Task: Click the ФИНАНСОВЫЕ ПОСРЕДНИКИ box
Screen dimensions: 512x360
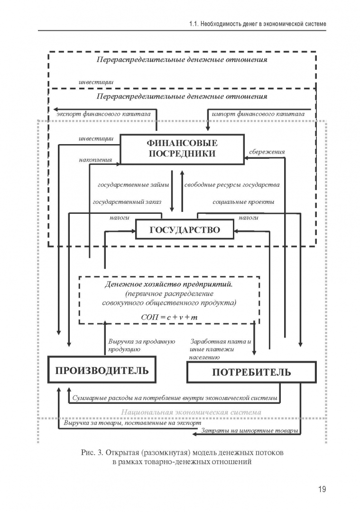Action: pyautogui.click(x=182, y=148)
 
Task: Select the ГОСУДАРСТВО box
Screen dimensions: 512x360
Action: pyautogui.click(x=185, y=230)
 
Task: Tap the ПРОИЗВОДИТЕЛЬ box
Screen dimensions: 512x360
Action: pyautogui.click(x=102, y=370)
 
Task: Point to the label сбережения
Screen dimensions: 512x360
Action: pyautogui.click(x=267, y=152)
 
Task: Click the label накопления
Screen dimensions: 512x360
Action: pyautogui.click(x=95, y=160)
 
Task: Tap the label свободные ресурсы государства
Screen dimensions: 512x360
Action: pyautogui.click(x=232, y=184)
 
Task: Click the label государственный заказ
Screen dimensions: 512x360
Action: pyautogui.click(x=127, y=201)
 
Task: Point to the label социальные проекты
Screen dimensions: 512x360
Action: pyautogui.click(x=243, y=201)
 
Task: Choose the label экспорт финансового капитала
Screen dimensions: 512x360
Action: pyautogui.click(x=103, y=114)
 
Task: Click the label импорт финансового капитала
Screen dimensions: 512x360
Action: pyautogui.click(x=258, y=114)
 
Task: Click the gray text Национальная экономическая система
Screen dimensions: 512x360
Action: pyautogui.click(x=191, y=412)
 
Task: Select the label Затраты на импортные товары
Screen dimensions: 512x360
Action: pyautogui.click(x=249, y=431)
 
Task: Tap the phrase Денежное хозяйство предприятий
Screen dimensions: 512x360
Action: pyautogui.click(x=168, y=285)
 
